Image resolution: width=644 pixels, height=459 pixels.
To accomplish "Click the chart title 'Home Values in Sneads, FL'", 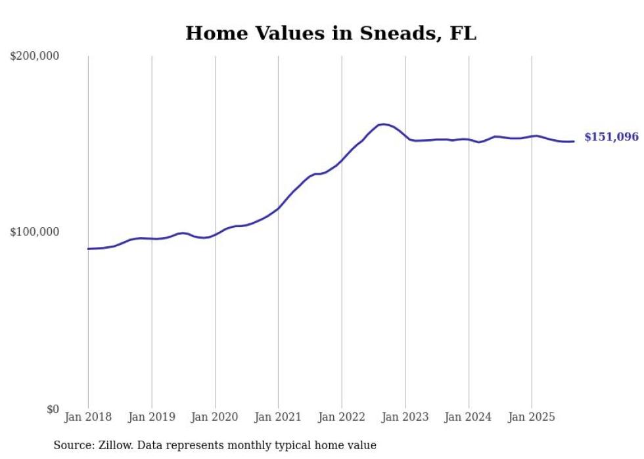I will point(331,33).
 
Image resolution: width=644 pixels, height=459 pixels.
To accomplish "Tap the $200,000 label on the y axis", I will point(35,56).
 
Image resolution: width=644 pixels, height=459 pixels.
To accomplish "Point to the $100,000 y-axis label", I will point(35,232).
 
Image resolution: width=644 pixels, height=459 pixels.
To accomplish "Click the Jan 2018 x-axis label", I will point(88,417).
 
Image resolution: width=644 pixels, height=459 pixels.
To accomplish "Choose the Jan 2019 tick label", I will point(152,417).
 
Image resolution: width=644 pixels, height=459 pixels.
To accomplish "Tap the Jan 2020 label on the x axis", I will point(215,417).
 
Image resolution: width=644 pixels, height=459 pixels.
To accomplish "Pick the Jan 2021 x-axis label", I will point(278,417).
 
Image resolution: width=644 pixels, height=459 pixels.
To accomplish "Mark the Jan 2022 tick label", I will point(342,417).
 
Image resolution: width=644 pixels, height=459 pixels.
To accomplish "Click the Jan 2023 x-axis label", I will point(405,417).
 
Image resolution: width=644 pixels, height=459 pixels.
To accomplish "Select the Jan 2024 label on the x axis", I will point(469,417).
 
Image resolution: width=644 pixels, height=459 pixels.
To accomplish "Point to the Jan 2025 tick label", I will point(532,417).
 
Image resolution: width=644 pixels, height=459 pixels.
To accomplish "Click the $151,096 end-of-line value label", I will point(611,137).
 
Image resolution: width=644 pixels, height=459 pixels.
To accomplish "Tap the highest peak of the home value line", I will point(383,124).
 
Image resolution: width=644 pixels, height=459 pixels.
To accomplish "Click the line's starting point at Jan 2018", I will point(89,249).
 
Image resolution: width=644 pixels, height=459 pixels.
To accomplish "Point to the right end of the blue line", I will point(574,141).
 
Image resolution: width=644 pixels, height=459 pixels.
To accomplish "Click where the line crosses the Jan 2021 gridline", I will point(278,208).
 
